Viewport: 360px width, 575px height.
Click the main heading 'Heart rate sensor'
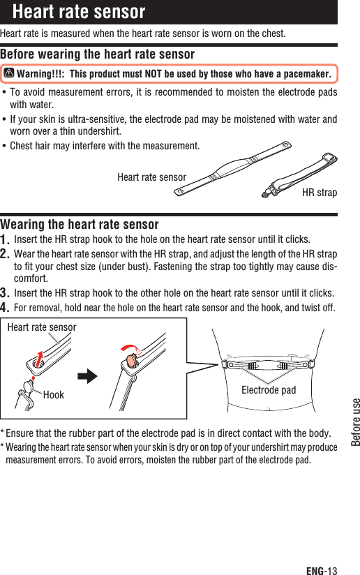[79, 12]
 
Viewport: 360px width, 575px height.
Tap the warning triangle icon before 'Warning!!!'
[9, 74]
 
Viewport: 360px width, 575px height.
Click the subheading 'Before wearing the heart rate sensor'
[98, 54]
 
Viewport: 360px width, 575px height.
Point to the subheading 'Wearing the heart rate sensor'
[80, 224]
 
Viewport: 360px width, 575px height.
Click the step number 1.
[6, 239]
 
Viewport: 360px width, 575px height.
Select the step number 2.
[6, 253]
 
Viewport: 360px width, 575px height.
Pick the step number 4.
[6, 307]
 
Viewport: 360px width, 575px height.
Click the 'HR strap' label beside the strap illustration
[319, 192]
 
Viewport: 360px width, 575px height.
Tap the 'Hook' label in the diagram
[53, 395]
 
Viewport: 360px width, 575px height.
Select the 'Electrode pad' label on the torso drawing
[269, 389]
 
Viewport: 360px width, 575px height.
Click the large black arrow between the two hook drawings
[87, 378]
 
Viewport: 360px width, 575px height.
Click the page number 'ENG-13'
[321, 569]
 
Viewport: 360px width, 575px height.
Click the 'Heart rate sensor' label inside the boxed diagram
[41, 327]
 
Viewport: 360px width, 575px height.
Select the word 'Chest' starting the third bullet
[22, 146]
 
